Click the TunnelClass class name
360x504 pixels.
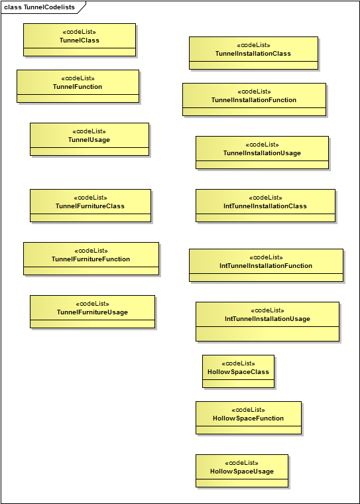[80, 40]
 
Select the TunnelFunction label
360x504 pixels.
[78, 87]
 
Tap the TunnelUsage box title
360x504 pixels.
[89, 140]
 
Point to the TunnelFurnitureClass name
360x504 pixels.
[90, 206]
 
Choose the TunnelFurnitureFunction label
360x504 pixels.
[91, 259]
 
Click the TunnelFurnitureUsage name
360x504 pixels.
[92, 312]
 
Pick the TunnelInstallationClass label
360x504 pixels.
[253, 54]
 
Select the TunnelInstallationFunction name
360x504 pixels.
[254, 100]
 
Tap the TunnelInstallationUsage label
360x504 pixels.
[262, 153]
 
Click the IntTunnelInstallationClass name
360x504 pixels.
[265, 206]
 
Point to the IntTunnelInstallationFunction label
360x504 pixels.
[266, 266]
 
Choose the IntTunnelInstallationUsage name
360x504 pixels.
[267, 319]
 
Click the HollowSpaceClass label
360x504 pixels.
[238, 372]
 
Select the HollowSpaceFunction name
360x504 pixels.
[248, 418]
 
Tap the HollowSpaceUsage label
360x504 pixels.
[242, 472]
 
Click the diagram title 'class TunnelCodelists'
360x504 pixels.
[40, 7]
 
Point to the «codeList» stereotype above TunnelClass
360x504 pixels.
[79, 32]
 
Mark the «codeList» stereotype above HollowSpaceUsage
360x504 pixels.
[241, 463]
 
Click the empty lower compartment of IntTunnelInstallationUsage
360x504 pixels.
[267, 334]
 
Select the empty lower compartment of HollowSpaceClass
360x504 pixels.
[238, 384]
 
